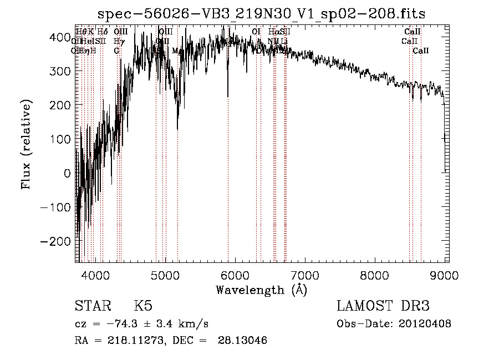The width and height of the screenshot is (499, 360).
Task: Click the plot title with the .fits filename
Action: click(262, 14)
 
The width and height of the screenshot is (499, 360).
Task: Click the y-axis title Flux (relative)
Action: click(26, 144)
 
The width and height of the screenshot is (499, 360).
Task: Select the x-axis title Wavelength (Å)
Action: click(261, 290)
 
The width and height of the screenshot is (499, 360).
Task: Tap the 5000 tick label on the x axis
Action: click(165, 274)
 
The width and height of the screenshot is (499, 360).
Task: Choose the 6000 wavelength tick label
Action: click(235, 274)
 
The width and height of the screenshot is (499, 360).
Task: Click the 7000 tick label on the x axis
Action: click(304, 274)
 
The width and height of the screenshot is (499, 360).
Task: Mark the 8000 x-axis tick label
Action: click(374, 274)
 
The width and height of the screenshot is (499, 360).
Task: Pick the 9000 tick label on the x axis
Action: click(444, 274)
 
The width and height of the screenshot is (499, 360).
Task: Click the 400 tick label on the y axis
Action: click(60, 37)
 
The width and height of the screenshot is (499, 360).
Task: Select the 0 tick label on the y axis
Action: click(67, 174)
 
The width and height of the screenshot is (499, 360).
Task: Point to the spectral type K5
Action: click(143, 306)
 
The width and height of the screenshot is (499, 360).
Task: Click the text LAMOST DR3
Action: click(383, 306)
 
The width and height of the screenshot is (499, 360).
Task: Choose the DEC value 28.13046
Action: click(243, 341)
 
